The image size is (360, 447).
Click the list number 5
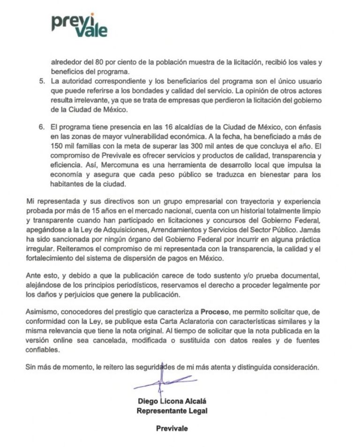tap(42, 81)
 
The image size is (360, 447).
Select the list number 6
tap(42, 127)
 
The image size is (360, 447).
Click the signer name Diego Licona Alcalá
tap(172, 401)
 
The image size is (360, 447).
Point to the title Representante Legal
tap(172, 411)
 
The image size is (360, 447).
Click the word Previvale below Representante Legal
tap(172, 428)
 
